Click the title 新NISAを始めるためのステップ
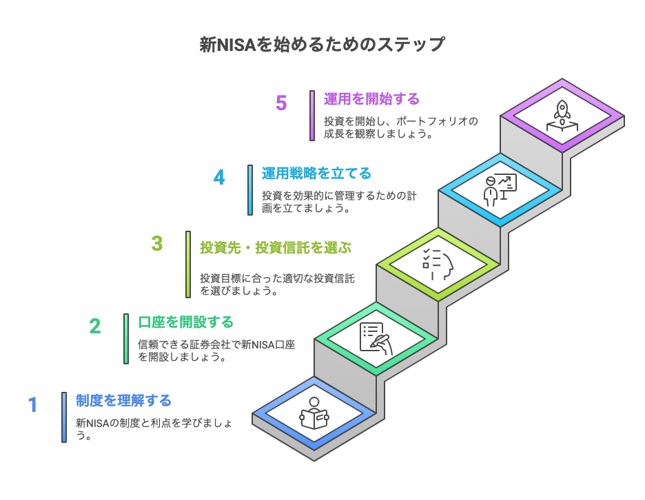coord(322,44)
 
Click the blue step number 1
coord(33,404)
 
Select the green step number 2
coord(95,326)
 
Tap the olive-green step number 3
coord(156,243)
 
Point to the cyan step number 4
coord(219,178)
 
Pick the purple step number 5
coord(281,103)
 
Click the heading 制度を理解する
coord(123,401)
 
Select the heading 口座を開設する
coord(185,322)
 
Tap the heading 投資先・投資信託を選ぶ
coord(276,248)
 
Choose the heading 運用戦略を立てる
coord(316,174)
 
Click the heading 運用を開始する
coord(371,99)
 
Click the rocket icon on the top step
coord(562,116)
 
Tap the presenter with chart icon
coord(500,190)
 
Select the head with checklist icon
coord(438,264)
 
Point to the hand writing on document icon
coord(376,339)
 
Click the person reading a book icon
coord(314,413)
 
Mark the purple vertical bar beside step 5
coord(312,116)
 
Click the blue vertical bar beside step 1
coord(64,417)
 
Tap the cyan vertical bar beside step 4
coord(250,190)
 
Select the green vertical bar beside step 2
coord(126,339)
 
